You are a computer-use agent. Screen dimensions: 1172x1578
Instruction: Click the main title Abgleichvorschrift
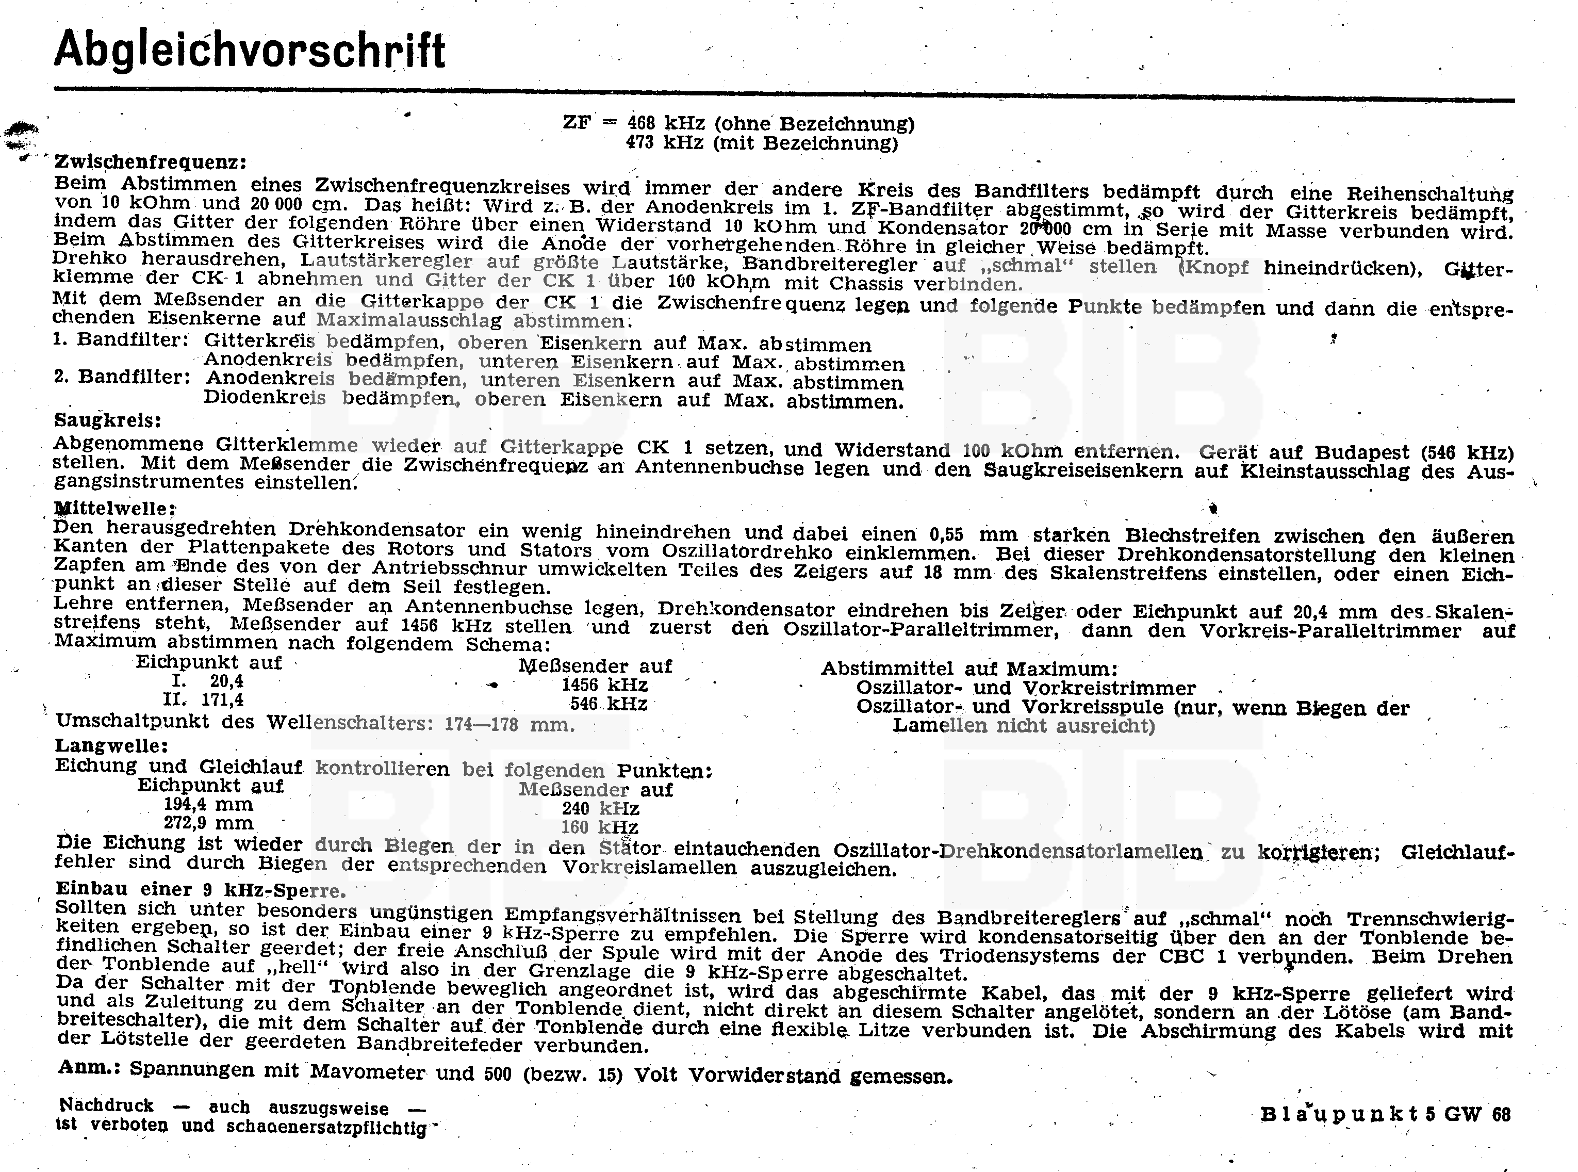pyautogui.click(x=250, y=50)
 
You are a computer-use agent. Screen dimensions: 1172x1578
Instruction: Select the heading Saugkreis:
pyautogui.click(x=108, y=420)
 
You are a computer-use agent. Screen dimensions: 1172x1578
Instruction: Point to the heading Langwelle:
pyautogui.click(x=112, y=745)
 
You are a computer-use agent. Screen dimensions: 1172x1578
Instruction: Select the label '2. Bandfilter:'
pyautogui.click(x=122, y=376)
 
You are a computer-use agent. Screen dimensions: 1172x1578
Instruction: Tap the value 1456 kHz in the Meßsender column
pyautogui.click(x=604, y=685)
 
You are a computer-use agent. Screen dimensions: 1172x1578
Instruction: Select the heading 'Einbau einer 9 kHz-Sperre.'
pyautogui.click(x=201, y=890)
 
